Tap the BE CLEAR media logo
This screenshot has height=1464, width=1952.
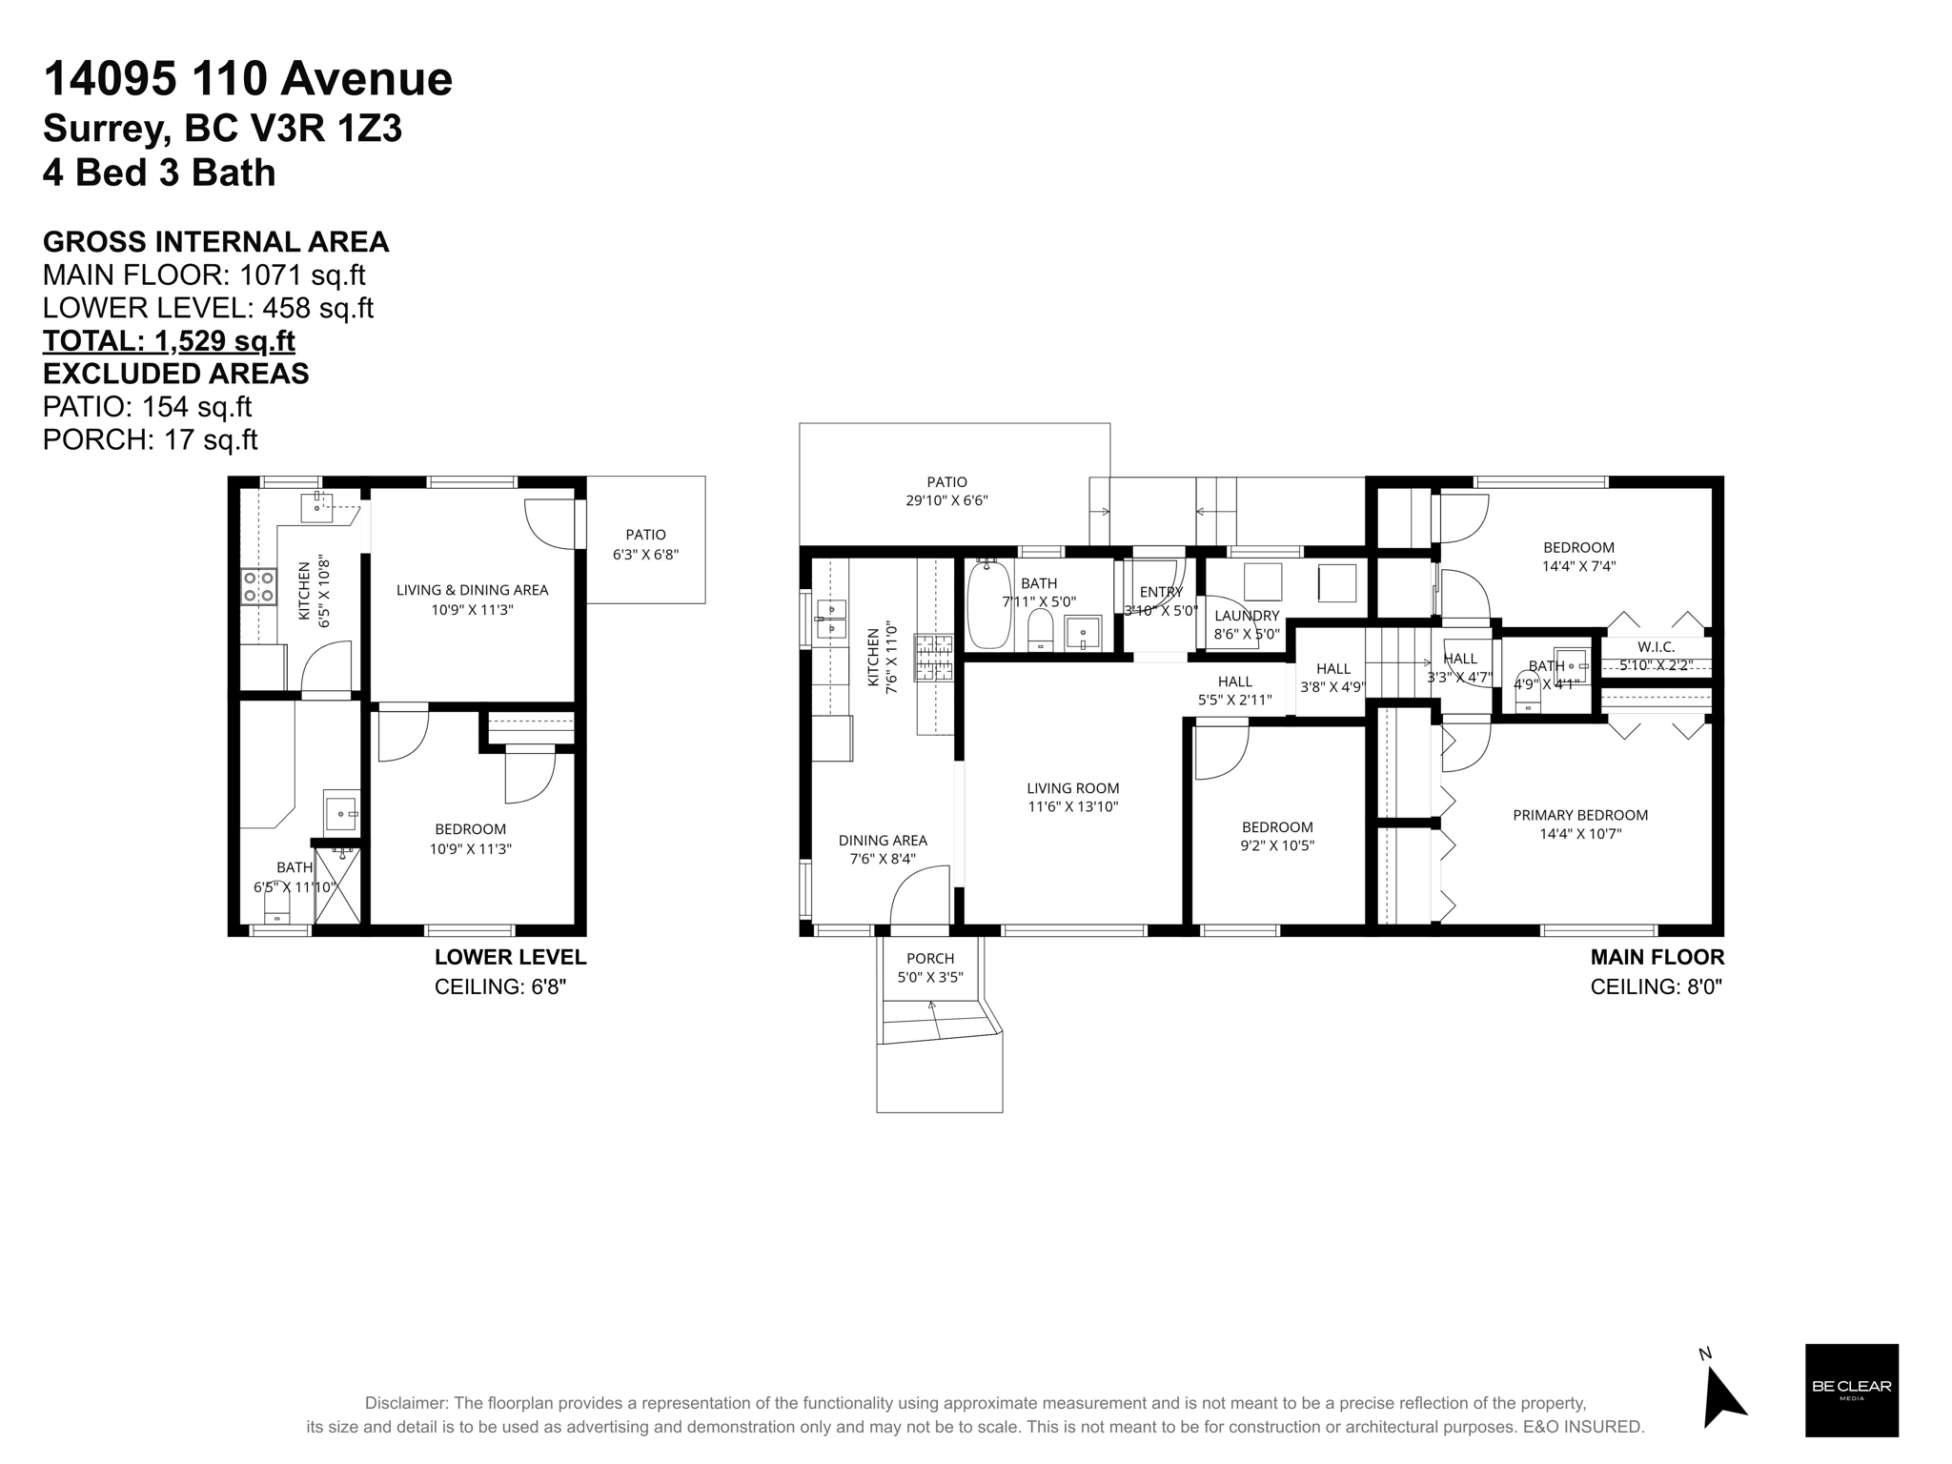coord(1851,1390)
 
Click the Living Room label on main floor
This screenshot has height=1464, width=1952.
coord(1072,797)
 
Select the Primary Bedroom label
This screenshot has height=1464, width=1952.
coord(1579,823)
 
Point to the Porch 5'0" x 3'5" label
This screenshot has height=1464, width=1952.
coord(930,967)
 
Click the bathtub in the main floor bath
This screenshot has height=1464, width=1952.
coord(988,606)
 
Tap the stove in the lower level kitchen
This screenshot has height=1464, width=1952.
coord(257,586)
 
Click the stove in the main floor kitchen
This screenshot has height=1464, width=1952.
coord(934,658)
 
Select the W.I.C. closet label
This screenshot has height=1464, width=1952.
coord(1656,656)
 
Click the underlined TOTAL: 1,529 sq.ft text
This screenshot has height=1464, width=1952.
coord(169,340)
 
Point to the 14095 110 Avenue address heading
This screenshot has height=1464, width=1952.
coord(248,78)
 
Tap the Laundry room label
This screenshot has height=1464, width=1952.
coord(1247,624)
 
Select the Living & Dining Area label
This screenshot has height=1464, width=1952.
coord(472,599)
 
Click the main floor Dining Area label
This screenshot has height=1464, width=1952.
coord(883,849)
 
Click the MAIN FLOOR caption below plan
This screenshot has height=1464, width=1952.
coord(1657,957)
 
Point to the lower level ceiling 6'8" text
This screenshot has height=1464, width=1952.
coord(500,986)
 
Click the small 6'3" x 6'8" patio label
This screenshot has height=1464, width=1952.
coord(645,544)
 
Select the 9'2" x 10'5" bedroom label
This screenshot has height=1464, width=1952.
coord(1277,836)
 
